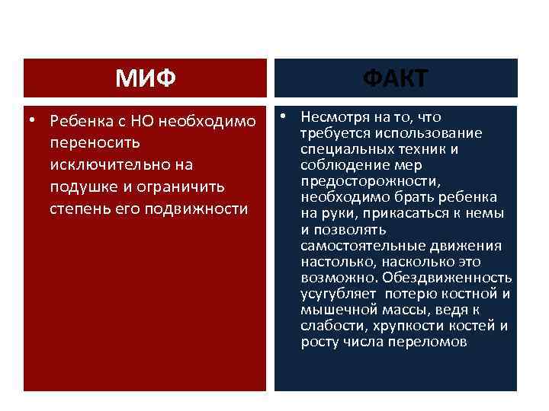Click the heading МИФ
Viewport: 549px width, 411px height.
pos(145,78)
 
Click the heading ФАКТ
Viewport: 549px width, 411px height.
pos(395,78)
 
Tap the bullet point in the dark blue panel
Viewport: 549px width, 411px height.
pos(284,117)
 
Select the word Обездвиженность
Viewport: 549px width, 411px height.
pos(448,277)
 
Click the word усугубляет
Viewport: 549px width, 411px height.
pos(338,294)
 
